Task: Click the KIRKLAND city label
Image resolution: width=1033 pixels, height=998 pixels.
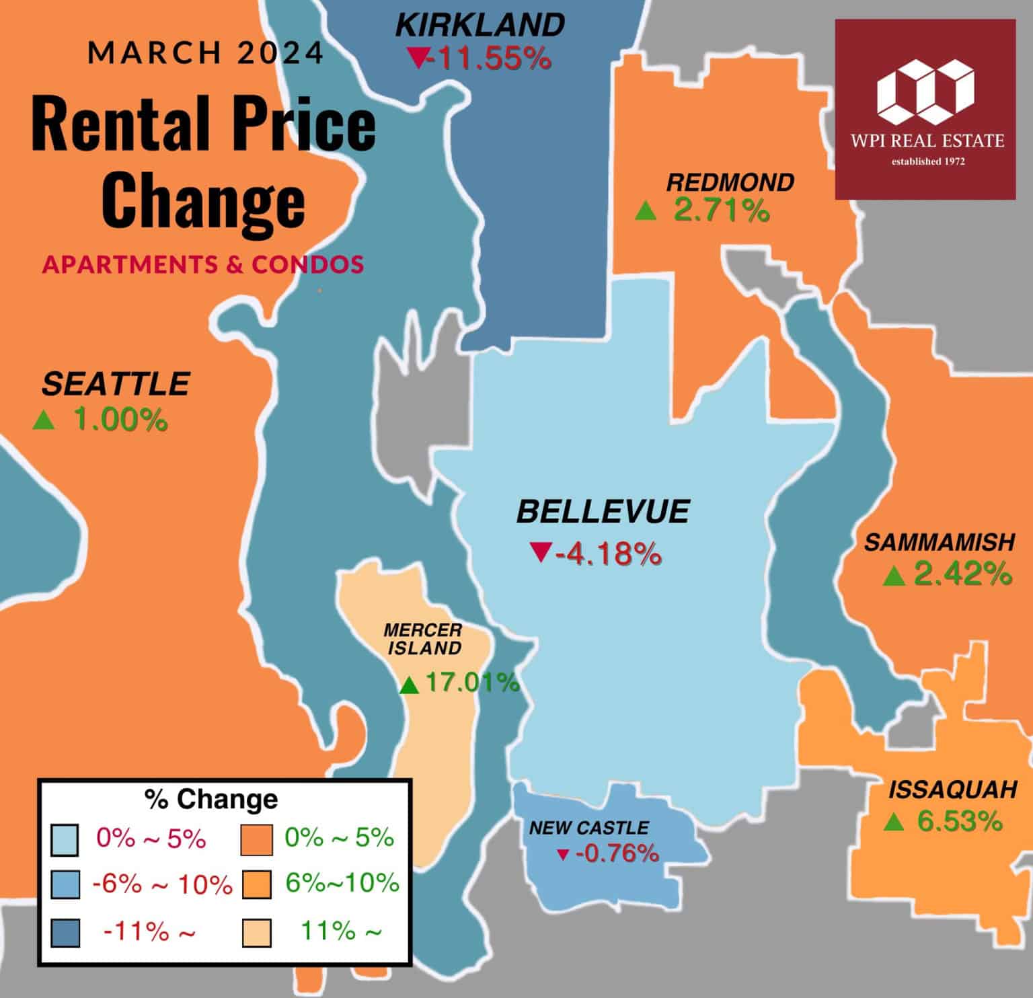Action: pyautogui.click(x=480, y=26)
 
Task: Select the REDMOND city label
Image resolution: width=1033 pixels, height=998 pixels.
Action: pyautogui.click(x=730, y=182)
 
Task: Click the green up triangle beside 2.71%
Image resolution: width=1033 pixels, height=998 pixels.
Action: pyautogui.click(x=645, y=211)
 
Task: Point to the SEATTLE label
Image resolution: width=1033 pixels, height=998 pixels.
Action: pyautogui.click(x=116, y=384)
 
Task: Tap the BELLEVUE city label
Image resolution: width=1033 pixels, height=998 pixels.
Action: pyautogui.click(x=603, y=512)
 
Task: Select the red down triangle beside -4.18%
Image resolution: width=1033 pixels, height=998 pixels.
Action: pyautogui.click(x=540, y=552)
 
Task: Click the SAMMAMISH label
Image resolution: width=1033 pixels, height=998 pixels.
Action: pyautogui.click(x=939, y=542)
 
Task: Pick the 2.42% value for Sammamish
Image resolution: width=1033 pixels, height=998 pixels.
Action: pyautogui.click(x=963, y=574)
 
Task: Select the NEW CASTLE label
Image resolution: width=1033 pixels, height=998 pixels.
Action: pyautogui.click(x=589, y=827)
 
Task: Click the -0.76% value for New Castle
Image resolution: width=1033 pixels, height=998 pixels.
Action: pyautogui.click(x=617, y=853)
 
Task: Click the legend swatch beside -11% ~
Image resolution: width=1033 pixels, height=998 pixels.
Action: pyautogui.click(x=65, y=932)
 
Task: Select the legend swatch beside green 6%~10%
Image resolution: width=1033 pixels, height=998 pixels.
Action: pyautogui.click(x=256, y=885)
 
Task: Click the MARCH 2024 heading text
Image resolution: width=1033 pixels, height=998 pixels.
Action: pyautogui.click(x=206, y=52)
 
